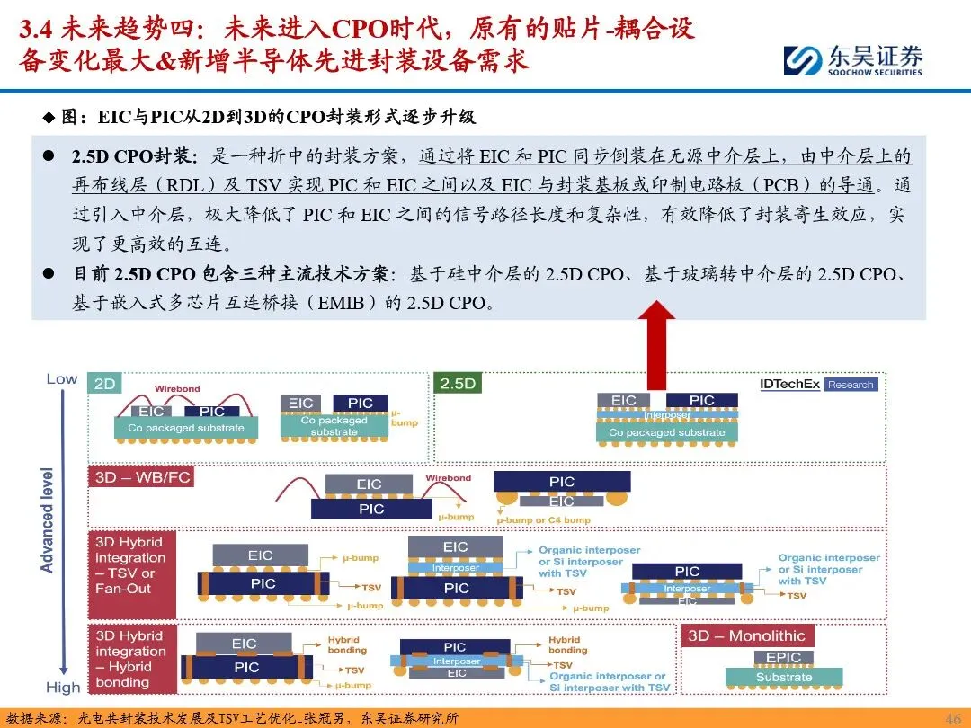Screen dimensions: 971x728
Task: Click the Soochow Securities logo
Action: tap(851, 59)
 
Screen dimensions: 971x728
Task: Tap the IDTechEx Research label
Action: tap(816, 385)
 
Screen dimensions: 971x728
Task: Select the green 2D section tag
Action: tap(105, 384)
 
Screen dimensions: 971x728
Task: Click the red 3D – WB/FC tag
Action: tap(142, 477)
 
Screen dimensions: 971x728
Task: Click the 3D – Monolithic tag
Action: tap(746, 635)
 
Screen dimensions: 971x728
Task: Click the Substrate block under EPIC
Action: tap(783, 677)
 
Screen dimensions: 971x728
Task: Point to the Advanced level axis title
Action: tap(48, 519)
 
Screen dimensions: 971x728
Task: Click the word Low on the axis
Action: tap(62, 378)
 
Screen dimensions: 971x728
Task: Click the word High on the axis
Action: tap(62, 688)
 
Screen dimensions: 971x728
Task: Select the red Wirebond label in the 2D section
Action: tap(177, 389)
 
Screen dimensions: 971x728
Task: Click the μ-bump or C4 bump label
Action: tap(543, 520)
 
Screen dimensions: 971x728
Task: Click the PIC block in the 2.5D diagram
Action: tap(701, 401)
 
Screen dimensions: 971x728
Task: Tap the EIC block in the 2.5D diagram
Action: tap(624, 401)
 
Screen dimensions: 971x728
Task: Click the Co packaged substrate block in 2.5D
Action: tap(666, 432)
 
